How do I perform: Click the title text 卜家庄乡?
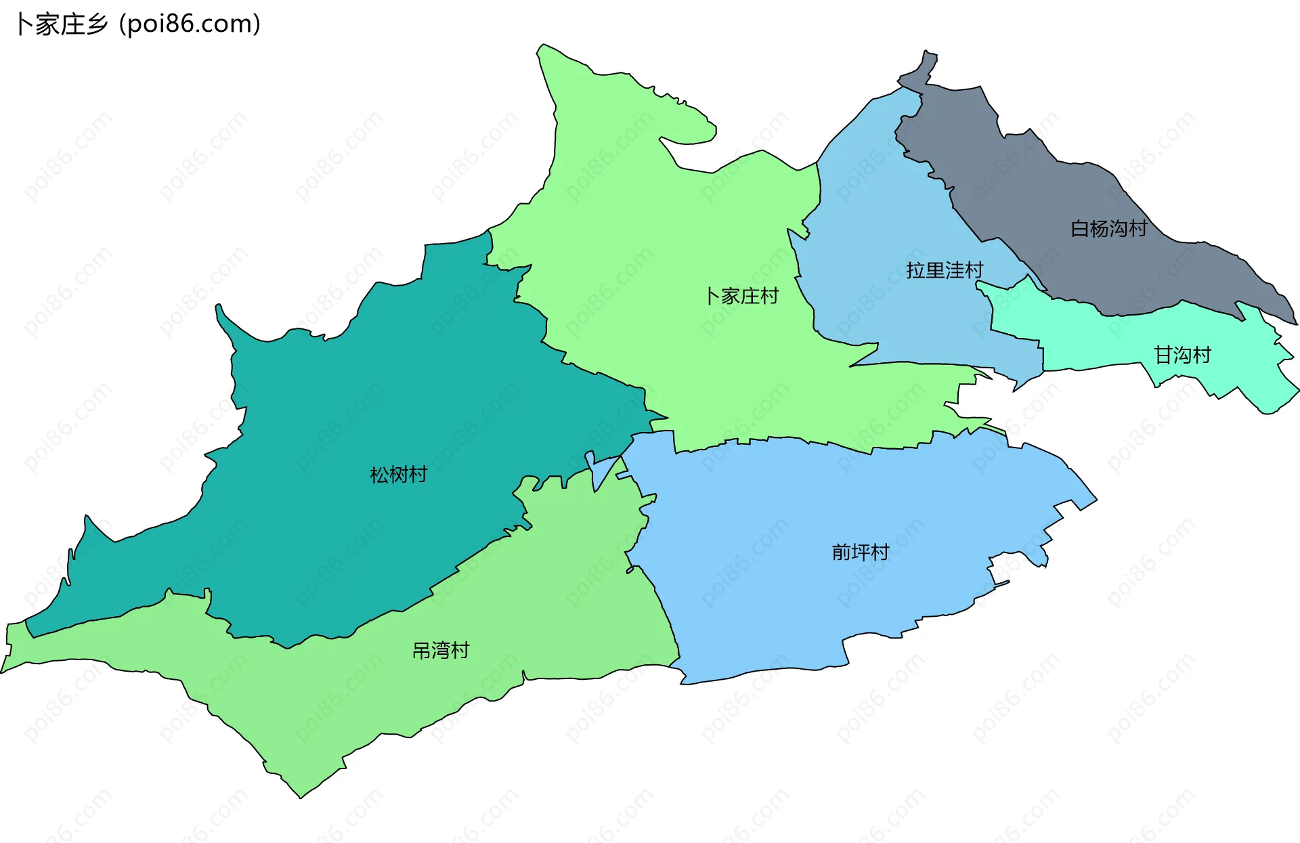[x=61, y=24]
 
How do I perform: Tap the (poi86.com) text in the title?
[x=190, y=24]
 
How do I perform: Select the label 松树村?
[x=398, y=475]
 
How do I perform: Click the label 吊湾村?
[x=441, y=651]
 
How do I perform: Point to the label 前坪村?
[x=860, y=553]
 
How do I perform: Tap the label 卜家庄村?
[x=742, y=296]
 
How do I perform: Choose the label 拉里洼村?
[x=945, y=270]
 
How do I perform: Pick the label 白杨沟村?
[x=1108, y=229]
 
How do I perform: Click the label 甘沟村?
[x=1182, y=355]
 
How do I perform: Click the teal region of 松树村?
[x=339, y=406]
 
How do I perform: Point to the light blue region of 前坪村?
[x=779, y=576]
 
